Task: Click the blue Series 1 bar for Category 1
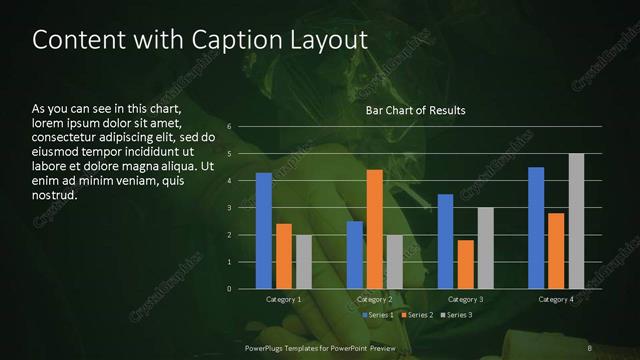click(x=264, y=231)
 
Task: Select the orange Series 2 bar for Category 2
click(x=375, y=229)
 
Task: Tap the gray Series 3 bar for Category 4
click(x=576, y=221)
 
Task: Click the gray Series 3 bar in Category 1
click(x=304, y=262)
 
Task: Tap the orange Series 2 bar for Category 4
click(x=556, y=251)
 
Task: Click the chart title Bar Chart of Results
click(x=415, y=110)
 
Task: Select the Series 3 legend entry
click(x=456, y=315)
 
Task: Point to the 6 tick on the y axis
click(x=229, y=127)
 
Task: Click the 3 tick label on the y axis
click(x=229, y=208)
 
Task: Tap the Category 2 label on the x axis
click(x=375, y=299)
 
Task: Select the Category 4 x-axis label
click(x=556, y=299)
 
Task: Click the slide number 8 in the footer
click(x=590, y=346)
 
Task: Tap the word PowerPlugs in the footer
click(x=267, y=346)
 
